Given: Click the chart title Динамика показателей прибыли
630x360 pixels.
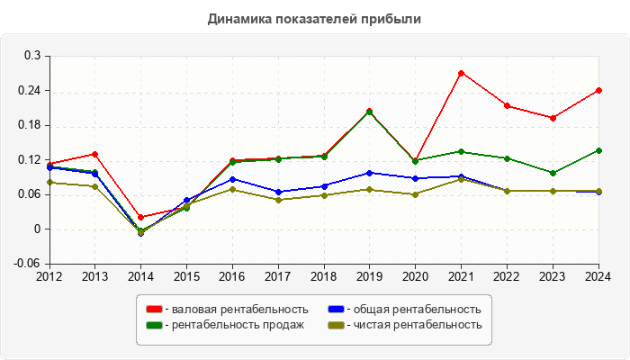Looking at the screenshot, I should [314, 18].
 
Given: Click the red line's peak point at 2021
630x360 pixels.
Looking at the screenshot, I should [461, 73].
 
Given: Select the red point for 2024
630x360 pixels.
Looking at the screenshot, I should [598, 90].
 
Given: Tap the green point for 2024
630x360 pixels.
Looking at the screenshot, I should [598, 150].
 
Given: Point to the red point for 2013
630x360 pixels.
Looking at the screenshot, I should [94, 154].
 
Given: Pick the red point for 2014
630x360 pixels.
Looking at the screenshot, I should [140, 217].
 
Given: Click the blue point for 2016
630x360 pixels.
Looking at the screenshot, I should [232, 179].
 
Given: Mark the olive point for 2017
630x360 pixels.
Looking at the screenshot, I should [278, 200].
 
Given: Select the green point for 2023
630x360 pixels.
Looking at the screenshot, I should [553, 173].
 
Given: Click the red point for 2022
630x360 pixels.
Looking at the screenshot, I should [507, 105].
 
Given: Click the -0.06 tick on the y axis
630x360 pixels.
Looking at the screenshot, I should [30, 264].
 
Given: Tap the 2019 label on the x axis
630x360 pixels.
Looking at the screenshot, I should [369, 275].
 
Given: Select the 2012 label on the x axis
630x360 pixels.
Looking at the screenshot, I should [49, 275].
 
